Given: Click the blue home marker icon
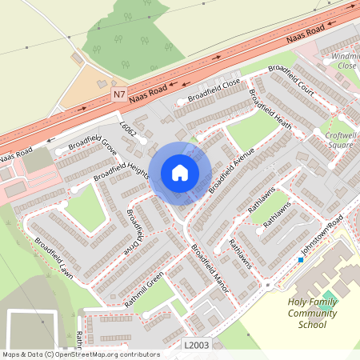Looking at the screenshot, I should click(180, 173).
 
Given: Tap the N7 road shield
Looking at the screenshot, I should click(119, 94).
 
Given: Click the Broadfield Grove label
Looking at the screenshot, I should click(91, 142).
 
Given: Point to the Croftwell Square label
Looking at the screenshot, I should click(341, 140).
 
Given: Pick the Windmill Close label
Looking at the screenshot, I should click(346, 60).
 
